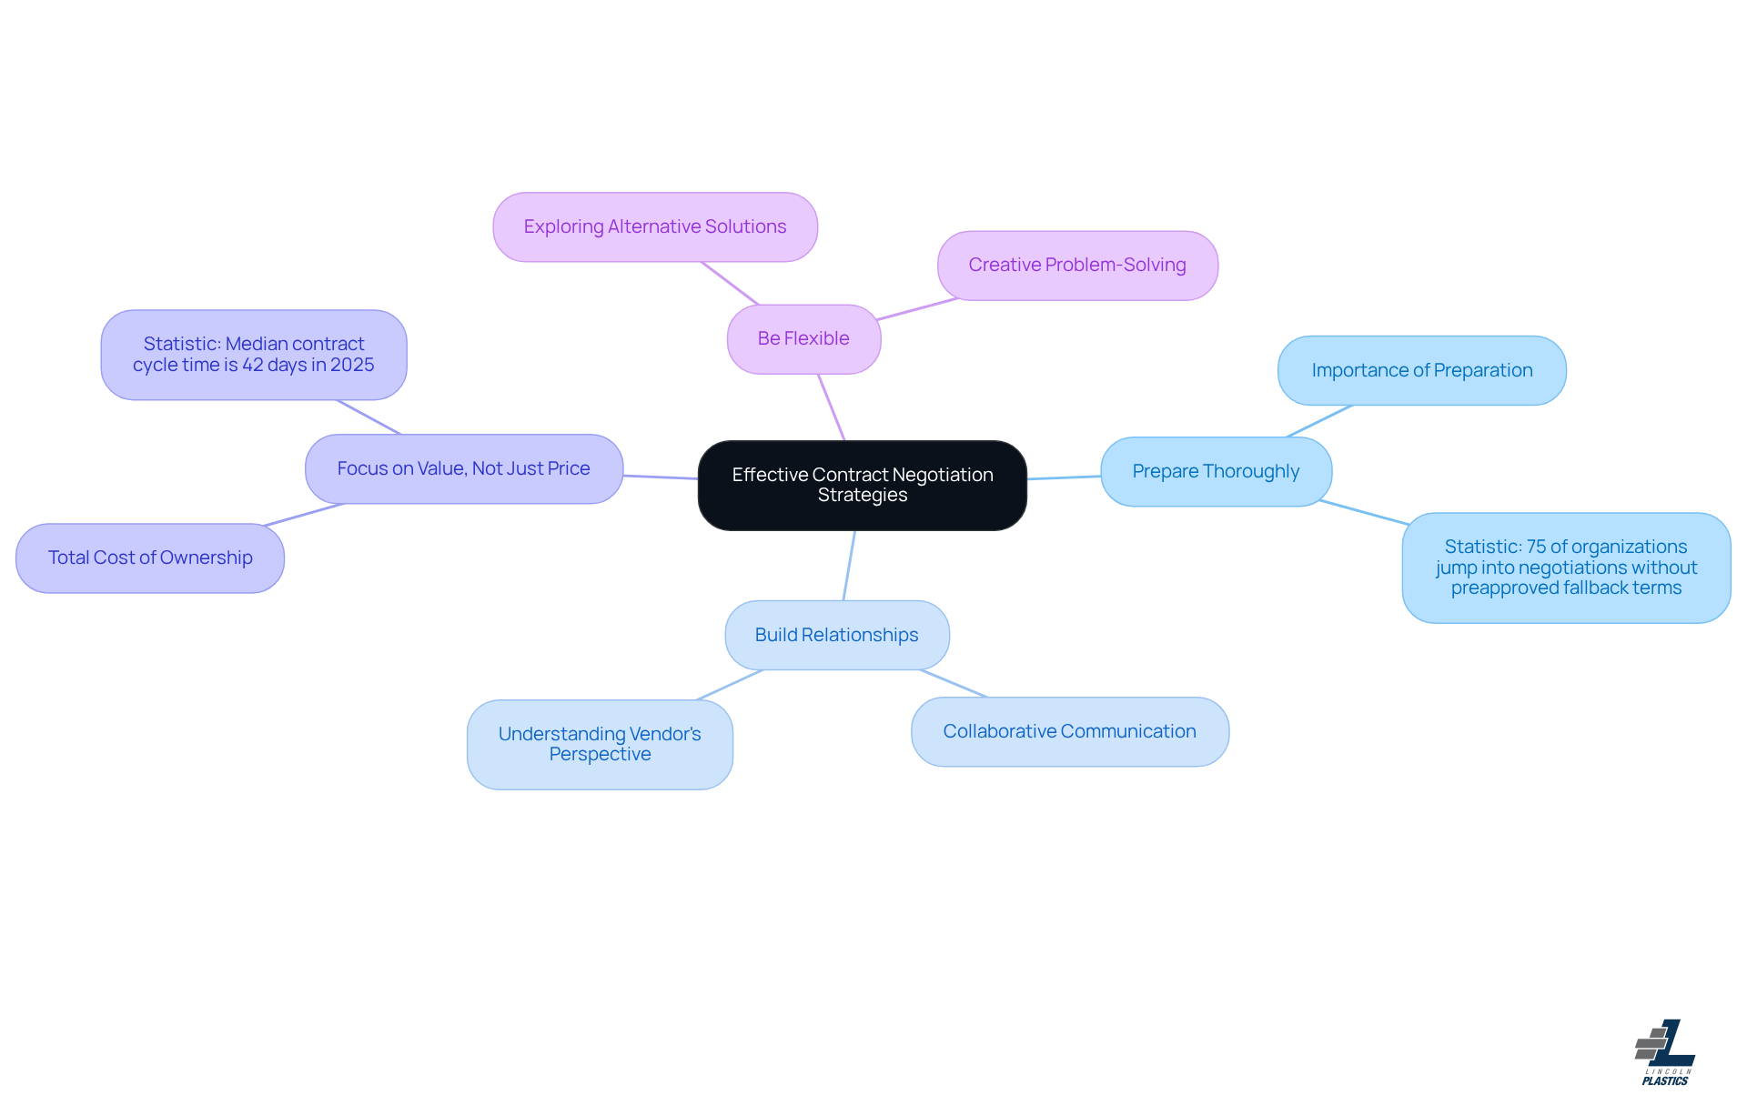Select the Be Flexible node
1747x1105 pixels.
(803, 338)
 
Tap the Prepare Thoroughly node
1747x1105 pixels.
(1216, 471)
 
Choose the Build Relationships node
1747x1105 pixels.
(836, 635)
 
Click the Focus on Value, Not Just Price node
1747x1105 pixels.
(463, 468)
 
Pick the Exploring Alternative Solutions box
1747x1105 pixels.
(654, 226)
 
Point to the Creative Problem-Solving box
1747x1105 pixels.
(1076, 265)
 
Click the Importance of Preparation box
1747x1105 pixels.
(1421, 370)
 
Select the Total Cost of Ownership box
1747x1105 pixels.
(150, 558)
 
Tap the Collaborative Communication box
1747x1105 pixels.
(1069, 731)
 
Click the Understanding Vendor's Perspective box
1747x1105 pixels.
(600, 744)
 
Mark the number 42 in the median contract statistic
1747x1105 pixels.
(252, 365)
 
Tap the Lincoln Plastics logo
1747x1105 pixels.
(1664, 1052)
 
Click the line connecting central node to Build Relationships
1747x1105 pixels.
(849, 566)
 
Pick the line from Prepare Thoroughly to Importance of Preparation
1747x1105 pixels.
(1319, 421)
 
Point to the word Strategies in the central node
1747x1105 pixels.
(862, 495)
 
